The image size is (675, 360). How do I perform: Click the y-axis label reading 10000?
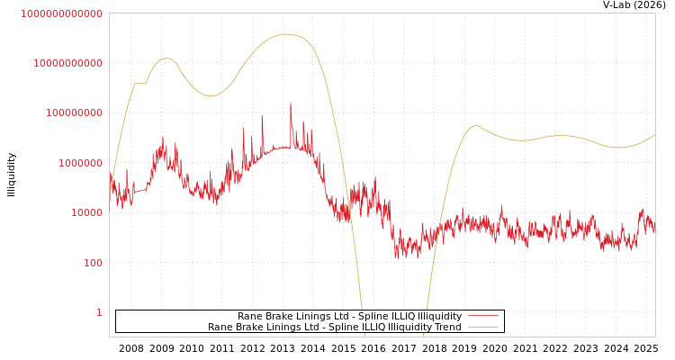tap(85, 212)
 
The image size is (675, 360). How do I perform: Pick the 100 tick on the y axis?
tap(92, 263)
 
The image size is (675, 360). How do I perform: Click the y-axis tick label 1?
tap(99, 312)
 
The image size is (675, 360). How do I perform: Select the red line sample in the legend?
tap(482, 317)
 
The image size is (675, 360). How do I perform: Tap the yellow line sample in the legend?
tap(482, 328)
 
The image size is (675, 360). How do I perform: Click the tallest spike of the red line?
tap(290, 103)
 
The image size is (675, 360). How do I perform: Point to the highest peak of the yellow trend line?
tap(286, 34)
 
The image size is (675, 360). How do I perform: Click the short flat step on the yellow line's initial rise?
tap(139, 84)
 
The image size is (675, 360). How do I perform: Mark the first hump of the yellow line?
tap(166, 58)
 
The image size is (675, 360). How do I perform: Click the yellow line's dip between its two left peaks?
tap(211, 95)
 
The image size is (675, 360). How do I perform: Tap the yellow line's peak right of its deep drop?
tap(476, 126)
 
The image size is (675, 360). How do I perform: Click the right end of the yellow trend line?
tap(654, 135)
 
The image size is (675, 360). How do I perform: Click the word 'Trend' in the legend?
tap(447, 328)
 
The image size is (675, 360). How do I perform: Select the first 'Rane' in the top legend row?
tap(249, 317)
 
